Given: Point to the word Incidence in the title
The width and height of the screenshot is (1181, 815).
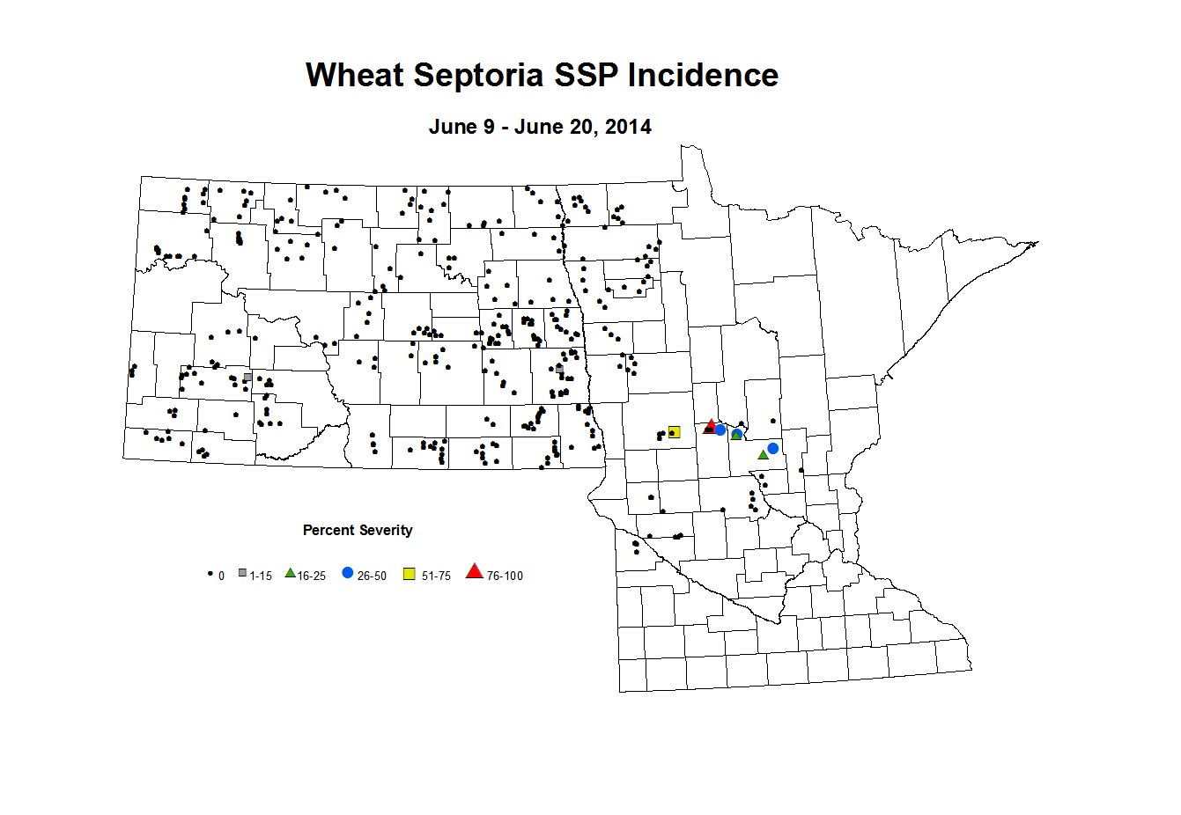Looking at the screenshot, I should coord(703,76).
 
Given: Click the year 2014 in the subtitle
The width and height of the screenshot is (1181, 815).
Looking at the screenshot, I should coord(628,127).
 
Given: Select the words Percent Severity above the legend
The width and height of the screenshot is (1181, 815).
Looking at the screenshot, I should coord(358,530).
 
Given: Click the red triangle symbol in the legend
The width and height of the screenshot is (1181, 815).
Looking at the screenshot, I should coord(475,572).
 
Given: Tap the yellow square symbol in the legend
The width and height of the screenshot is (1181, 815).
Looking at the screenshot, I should coord(410,574).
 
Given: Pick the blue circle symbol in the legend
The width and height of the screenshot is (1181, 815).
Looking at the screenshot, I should coord(348,573).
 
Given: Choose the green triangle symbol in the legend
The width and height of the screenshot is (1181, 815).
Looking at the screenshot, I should coord(290,573).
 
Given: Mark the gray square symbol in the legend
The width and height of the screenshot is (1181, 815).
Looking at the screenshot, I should coord(242,573).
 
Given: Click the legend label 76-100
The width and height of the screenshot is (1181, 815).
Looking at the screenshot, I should coord(505,576).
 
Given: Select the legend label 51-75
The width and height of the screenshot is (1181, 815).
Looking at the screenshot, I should coord(436,576).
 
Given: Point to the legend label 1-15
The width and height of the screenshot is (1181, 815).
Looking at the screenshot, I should coord(261,576).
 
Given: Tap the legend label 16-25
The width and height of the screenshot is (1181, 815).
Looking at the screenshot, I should coord(312,576).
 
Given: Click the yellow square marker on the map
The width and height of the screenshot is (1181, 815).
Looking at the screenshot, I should coord(674,431).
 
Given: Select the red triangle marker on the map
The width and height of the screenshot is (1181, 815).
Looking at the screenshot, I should coord(711,426).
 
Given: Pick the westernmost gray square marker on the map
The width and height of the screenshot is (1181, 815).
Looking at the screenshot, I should coord(247,378).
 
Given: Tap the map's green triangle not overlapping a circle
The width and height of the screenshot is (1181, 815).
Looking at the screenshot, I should coord(763,455).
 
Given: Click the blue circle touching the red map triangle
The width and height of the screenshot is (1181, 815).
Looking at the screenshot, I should coord(720,430).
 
